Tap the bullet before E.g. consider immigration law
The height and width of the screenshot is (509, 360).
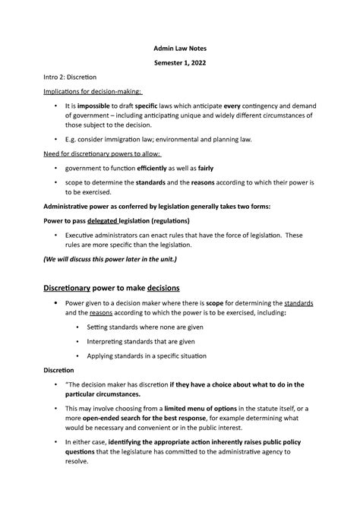point(55,140)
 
